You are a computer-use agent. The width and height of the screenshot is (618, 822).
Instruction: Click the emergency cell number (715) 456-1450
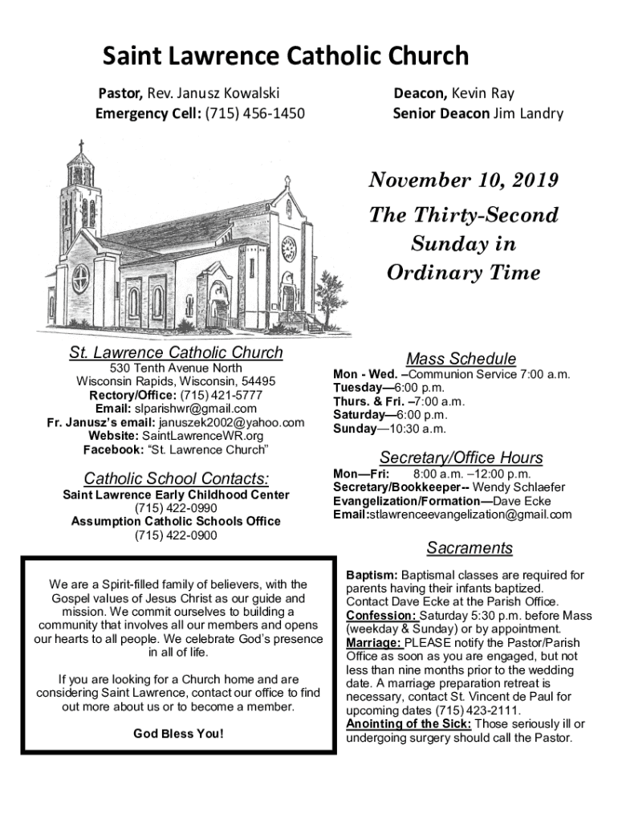(254, 113)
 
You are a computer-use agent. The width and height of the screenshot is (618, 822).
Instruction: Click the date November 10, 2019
(463, 181)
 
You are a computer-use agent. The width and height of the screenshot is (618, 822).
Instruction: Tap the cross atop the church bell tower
(80, 147)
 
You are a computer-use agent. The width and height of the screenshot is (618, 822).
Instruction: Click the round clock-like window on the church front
(288, 249)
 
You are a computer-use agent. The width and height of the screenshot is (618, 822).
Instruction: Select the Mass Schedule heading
(461, 359)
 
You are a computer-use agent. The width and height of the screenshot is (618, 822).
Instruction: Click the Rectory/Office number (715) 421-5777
(221, 395)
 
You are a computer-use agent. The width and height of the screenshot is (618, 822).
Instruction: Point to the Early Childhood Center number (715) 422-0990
(176, 508)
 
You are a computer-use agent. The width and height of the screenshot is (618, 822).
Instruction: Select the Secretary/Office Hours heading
(461, 458)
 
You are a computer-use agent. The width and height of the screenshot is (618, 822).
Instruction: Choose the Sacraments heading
(470, 548)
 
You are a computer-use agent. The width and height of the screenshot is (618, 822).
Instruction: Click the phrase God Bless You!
(178, 734)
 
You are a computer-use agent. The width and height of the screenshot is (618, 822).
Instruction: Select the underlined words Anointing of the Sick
(408, 724)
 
